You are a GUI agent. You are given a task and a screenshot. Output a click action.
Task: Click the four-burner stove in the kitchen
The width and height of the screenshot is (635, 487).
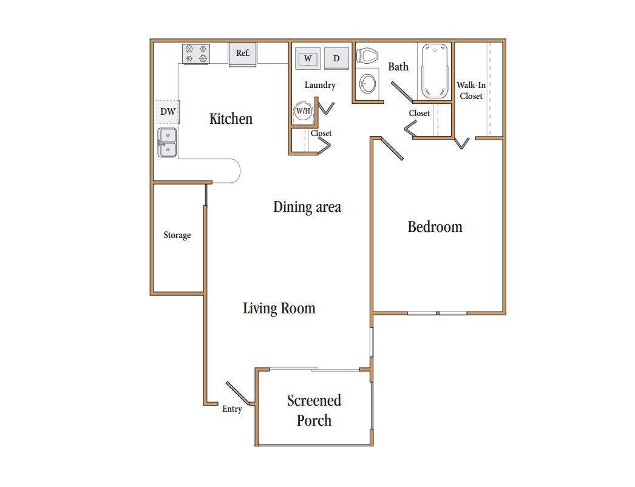tap(196, 54)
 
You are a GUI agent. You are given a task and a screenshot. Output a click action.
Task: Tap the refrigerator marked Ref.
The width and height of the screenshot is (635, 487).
tap(243, 54)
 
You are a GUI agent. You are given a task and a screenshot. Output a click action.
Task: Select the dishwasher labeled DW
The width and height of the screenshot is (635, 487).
tap(168, 112)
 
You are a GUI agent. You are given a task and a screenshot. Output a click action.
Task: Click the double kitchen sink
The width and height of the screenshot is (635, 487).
tap(167, 143)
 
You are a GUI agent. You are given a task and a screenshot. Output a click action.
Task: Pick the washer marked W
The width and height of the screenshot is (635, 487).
tap(308, 58)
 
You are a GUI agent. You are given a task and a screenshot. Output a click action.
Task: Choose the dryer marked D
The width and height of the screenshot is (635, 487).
tap(336, 58)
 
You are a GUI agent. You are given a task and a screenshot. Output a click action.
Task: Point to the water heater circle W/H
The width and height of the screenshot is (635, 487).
tap(303, 111)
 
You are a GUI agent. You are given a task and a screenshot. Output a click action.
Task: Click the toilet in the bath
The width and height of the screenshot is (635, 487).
tap(367, 55)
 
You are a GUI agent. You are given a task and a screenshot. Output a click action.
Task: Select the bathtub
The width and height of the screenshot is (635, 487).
tap(435, 71)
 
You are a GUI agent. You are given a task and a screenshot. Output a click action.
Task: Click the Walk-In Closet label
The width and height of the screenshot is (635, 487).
tap(471, 90)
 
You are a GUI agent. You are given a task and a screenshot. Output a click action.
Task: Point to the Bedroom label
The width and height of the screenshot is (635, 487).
tap(435, 227)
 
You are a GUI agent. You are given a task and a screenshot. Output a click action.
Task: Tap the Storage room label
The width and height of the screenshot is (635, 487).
tap(177, 236)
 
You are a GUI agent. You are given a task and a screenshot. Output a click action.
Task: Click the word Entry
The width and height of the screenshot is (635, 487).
tap(232, 409)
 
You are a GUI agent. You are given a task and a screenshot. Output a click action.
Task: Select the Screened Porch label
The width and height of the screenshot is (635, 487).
tap(314, 410)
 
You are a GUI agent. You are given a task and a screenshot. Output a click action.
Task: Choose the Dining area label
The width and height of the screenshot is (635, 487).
tap(307, 207)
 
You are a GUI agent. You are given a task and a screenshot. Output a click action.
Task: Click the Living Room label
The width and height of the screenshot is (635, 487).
tap(279, 308)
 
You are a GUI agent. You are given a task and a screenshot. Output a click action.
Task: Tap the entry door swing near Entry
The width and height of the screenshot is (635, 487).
tap(238, 393)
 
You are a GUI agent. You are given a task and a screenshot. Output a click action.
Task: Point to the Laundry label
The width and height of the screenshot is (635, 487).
tap(320, 85)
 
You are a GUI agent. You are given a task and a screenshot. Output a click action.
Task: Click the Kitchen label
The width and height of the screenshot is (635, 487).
tap(231, 118)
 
